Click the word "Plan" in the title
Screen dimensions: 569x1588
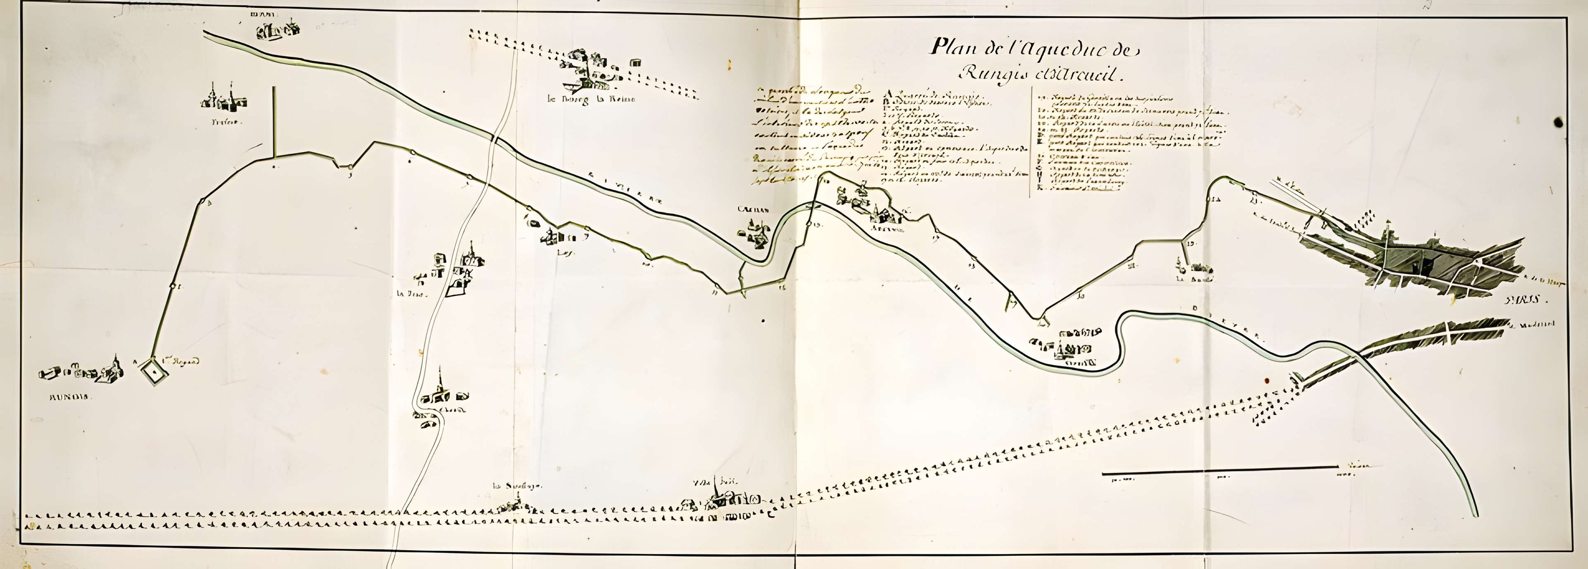coord(952,46)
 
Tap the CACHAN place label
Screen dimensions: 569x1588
coord(754,210)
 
